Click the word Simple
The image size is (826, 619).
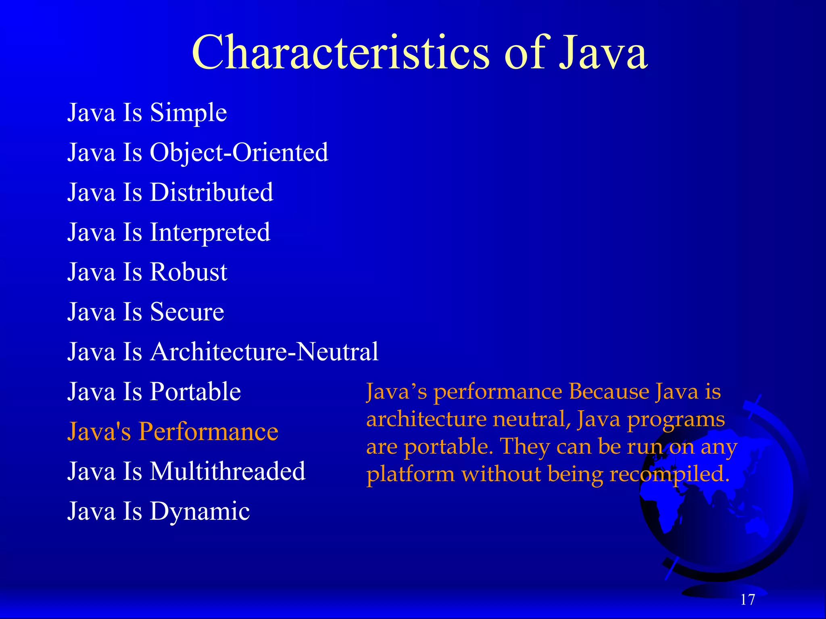(188, 112)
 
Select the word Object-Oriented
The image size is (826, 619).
(239, 153)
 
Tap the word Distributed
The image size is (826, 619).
(211, 192)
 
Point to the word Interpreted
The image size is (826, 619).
(210, 233)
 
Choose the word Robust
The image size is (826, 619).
(188, 272)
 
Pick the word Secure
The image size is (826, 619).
(187, 312)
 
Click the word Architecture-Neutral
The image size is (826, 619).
(264, 352)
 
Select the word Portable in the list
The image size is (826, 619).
(195, 392)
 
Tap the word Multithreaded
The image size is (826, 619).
(227, 471)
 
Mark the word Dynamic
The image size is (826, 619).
(200, 511)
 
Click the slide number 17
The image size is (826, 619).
(747, 600)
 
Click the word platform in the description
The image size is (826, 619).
(411, 474)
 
